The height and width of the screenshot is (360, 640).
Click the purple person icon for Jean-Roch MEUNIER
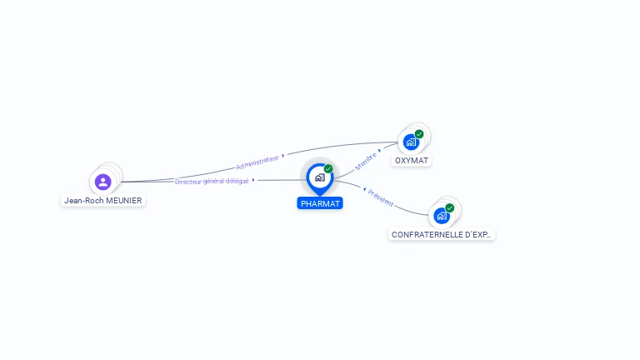tap(103, 181)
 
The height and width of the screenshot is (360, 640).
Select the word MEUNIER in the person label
tap(123, 201)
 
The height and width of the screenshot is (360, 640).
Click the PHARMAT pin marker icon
tap(319, 177)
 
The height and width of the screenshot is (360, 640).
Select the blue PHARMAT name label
tap(320, 203)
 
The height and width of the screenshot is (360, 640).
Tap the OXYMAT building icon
tap(411, 142)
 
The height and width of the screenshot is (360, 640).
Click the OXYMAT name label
tap(412, 160)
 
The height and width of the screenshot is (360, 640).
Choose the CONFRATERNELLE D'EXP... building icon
tap(442, 216)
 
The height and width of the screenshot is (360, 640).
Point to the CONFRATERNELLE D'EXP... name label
tap(442, 235)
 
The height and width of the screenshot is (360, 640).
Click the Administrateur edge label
tap(257, 162)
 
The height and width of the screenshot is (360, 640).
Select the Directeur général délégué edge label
tap(212, 181)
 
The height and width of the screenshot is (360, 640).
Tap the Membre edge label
tap(365, 160)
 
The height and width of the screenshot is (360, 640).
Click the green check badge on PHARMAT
tap(328, 169)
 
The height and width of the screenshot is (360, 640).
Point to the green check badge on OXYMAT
tap(419, 133)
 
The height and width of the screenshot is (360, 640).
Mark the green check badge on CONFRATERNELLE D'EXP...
tap(450, 207)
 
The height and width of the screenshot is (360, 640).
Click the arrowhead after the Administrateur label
tap(283, 155)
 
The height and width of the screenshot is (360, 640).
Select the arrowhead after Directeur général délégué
tap(253, 180)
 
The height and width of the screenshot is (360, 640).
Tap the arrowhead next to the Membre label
tap(380, 151)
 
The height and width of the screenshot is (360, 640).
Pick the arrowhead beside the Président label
tap(364, 190)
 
